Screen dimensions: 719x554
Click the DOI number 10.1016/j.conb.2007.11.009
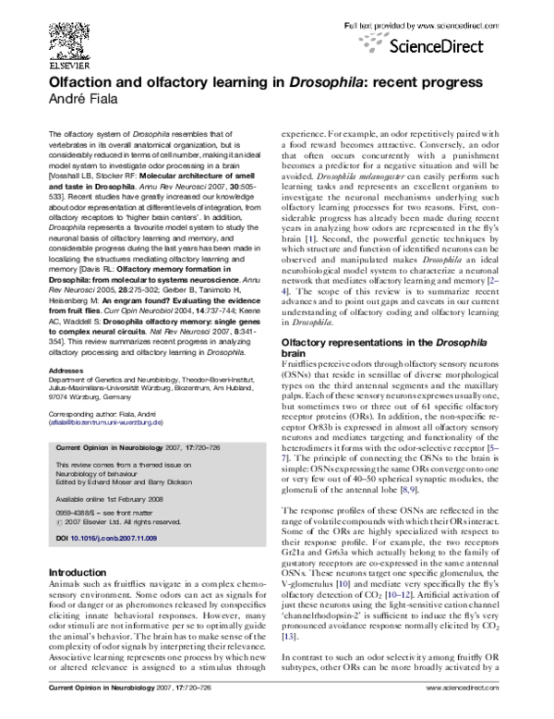point(112,536)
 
